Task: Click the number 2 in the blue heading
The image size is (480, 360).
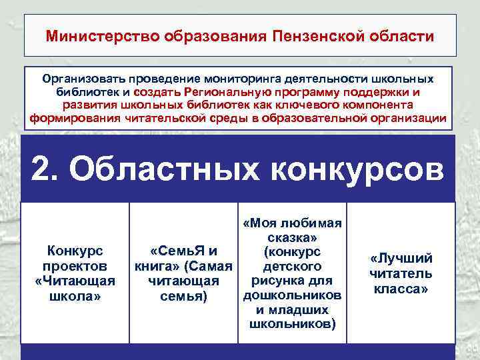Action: tap(43, 171)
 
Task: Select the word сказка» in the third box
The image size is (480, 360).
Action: tap(292, 237)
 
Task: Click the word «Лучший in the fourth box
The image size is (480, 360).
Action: tap(401, 259)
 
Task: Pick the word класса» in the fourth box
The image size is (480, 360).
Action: tap(401, 289)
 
